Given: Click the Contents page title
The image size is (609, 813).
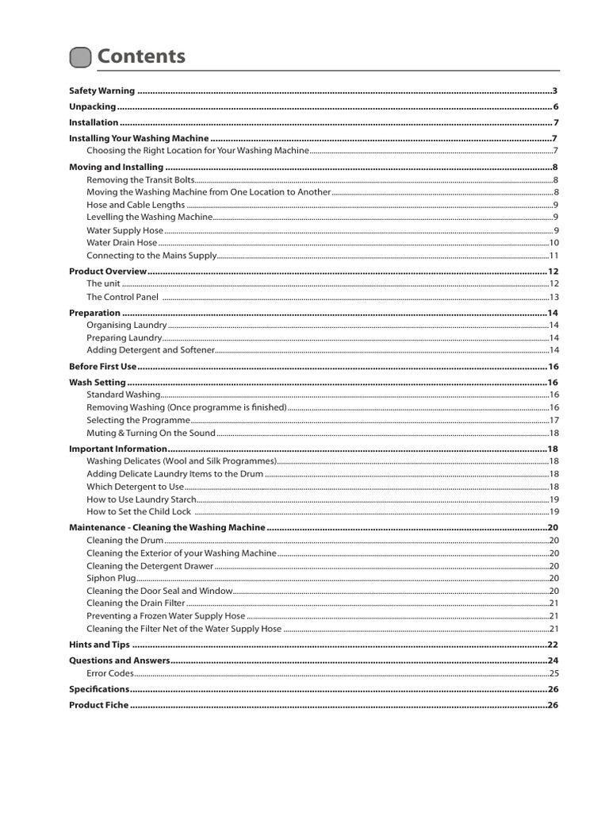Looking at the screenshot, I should (141, 56).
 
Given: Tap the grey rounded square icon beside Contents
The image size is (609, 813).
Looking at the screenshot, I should (80, 57).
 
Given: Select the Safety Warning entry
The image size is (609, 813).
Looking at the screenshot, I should (101, 91).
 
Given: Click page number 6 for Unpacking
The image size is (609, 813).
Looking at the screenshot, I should (556, 106).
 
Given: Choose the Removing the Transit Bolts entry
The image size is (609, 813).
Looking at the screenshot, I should (140, 180).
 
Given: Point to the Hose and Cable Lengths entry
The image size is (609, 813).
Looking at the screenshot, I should (136, 205).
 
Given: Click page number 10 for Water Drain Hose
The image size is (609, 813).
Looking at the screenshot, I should (554, 243).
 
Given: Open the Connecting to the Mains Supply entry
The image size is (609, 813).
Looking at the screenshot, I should (151, 256).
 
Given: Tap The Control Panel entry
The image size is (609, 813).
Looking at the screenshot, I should (122, 297).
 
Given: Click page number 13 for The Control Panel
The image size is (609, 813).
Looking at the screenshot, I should (554, 297).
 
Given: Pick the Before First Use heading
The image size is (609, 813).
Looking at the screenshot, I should (103, 366).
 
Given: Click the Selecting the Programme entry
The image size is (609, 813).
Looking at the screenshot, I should (138, 420).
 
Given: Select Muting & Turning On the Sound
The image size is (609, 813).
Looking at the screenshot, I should (151, 433).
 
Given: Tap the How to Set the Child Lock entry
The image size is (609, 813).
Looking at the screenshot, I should (139, 511).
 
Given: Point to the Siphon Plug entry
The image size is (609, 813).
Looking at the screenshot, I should (111, 578).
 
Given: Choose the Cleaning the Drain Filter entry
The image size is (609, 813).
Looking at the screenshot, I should (136, 603).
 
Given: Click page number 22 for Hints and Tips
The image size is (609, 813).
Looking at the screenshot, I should (553, 645).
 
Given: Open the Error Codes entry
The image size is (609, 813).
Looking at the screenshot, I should (110, 673).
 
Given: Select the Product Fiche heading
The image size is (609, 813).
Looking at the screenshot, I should (98, 705).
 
